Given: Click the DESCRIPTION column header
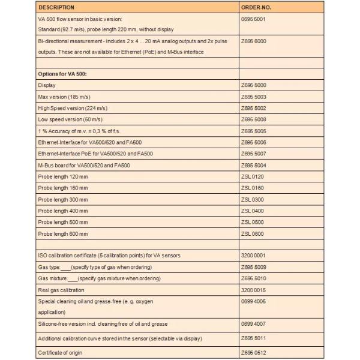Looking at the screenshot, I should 56,8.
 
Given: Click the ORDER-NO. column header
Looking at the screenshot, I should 256,8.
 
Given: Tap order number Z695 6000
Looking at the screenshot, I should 253,41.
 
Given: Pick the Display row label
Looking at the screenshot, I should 47,85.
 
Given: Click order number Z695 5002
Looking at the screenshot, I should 253,108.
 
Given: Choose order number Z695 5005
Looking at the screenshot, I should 253,131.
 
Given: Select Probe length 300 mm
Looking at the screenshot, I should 62,199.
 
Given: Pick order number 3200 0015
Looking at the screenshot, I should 253,290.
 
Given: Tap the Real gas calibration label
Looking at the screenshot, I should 62,290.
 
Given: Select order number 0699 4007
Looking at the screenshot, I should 253,324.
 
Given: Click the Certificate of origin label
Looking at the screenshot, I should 60,353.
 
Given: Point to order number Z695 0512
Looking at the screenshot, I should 253,353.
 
